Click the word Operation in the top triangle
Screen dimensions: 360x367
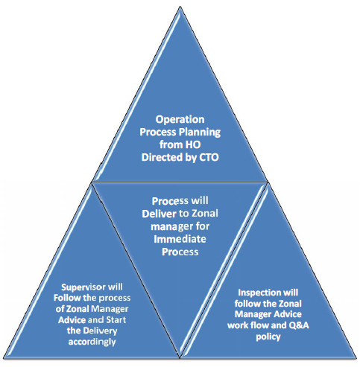pos(180,120)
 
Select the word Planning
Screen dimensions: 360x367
pos(201,133)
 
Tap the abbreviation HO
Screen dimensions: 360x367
pos(193,144)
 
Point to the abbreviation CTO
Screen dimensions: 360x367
pos(209,157)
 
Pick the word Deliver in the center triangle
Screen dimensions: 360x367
pos(159,214)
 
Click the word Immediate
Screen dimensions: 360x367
pos(180,239)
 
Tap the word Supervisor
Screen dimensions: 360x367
pos(81,287)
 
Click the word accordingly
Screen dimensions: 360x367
pos(92,342)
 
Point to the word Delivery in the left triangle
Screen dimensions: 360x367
pos(100,331)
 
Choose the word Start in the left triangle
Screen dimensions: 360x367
pos(116,320)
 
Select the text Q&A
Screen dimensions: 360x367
pos(299,325)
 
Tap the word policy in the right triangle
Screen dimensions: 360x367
pos(268,336)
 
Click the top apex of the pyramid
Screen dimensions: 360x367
pos(180,7)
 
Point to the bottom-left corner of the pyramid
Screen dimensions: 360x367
pos(4,358)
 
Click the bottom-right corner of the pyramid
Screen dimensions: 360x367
pos(356,358)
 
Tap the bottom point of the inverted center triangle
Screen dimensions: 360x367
pos(180,358)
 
